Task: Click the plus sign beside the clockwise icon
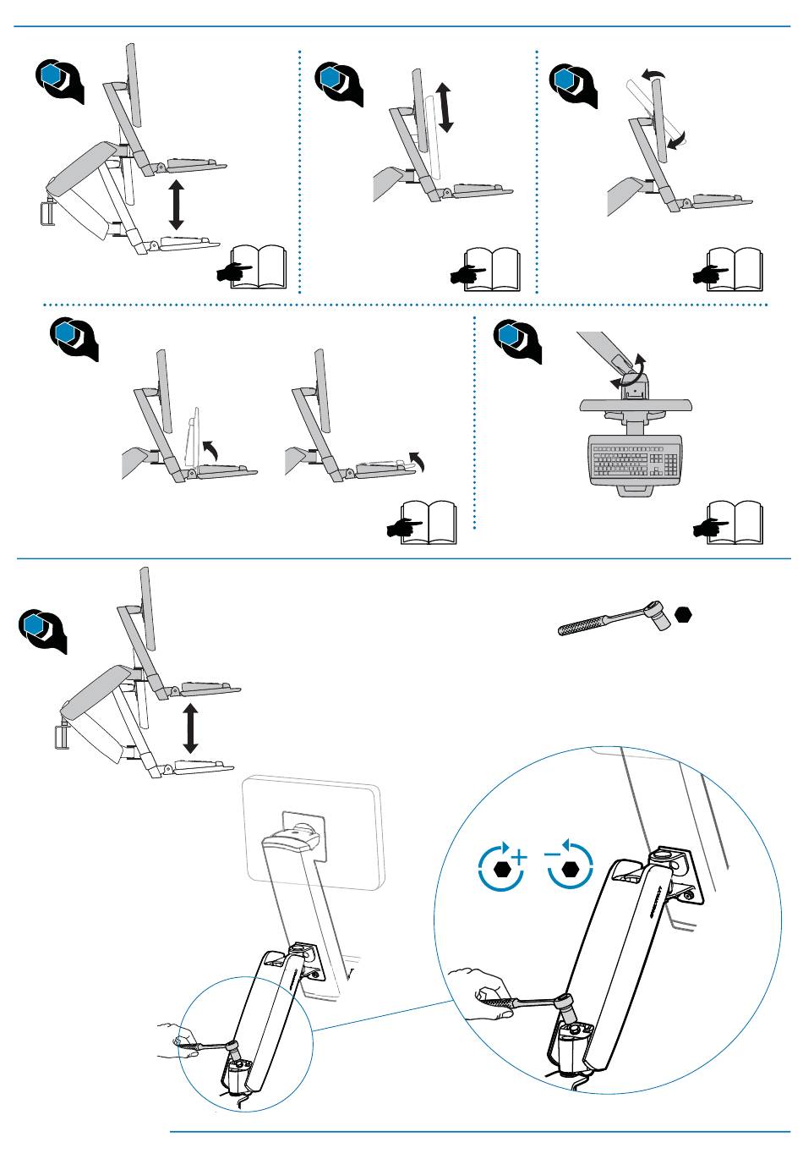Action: pos(518,858)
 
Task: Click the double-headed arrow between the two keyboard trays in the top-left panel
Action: pos(176,204)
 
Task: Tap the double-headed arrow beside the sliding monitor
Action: pos(446,107)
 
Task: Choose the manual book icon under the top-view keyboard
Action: pos(729,524)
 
